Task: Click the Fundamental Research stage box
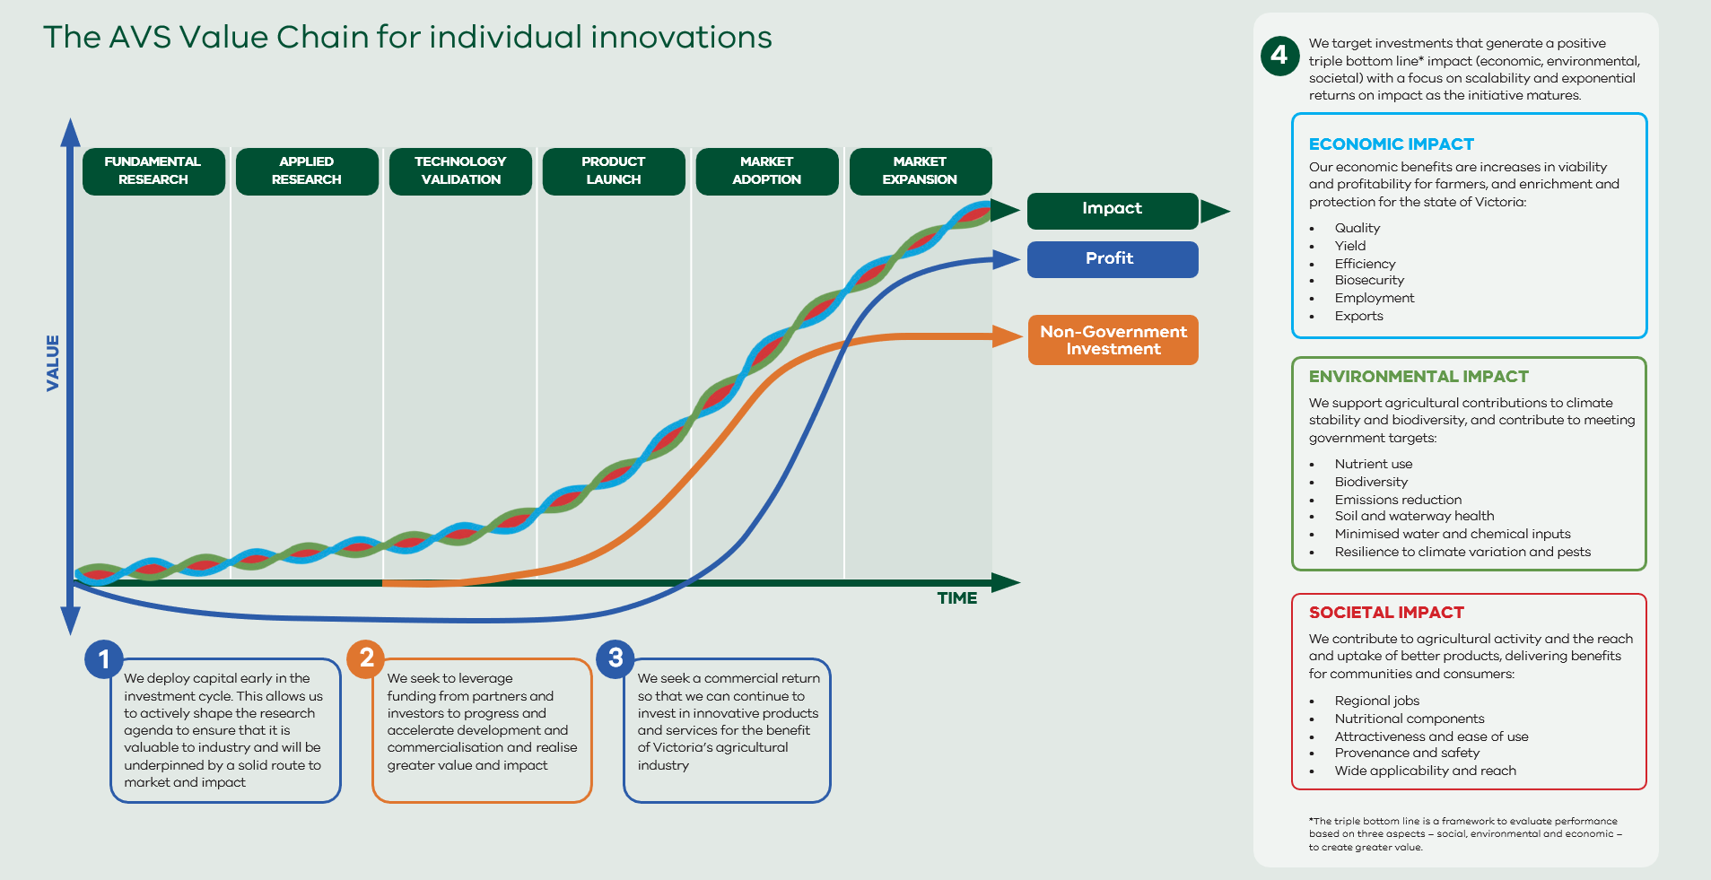(153, 171)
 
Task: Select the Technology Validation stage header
(460, 171)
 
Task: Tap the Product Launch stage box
(614, 171)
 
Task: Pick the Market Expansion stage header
(921, 171)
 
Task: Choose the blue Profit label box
(1113, 259)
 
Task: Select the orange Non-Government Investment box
(1113, 340)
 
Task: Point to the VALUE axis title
(53, 363)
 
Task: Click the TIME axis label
(957, 598)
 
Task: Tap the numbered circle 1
(104, 659)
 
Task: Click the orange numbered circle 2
(366, 658)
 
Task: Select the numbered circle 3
(615, 658)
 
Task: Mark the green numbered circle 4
(1279, 56)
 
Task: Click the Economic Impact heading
(1392, 144)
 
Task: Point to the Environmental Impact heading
(1419, 377)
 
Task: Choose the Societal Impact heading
(1386, 613)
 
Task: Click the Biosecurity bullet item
(1369, 281)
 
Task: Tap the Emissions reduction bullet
(1398, 500)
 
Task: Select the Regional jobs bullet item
(1377, 701)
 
